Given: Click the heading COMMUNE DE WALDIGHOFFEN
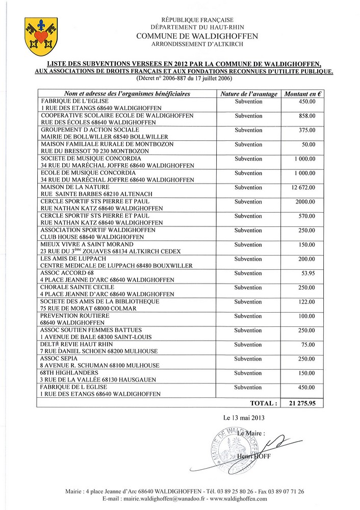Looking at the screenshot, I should tap(197, 36).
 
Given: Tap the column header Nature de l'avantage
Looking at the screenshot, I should tap(248, 94).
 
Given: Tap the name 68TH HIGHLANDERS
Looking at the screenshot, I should tap(63, 373).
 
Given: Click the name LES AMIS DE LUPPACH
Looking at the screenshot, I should tap(70, 259).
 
